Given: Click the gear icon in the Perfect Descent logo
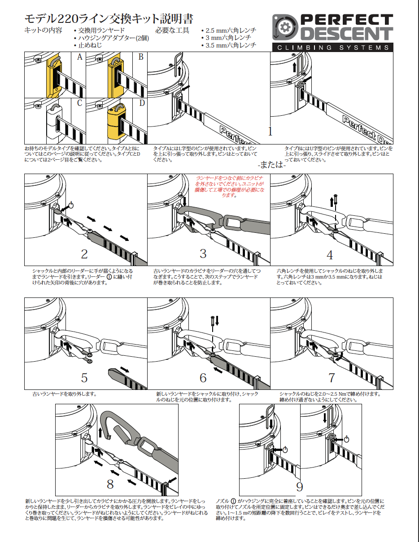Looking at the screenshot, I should pos(285,28).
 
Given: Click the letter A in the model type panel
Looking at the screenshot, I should pos(79,57).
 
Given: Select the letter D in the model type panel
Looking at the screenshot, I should pos(141,104).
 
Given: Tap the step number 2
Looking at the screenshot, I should pos(84,254).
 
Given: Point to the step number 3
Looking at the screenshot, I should pos(203,254).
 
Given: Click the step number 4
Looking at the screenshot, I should pos(330,255).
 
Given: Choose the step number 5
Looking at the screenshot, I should pos(84,377).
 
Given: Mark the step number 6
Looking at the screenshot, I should pos(203,378).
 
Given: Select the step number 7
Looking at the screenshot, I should pos(332,378).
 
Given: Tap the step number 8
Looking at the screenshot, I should pos(110,484).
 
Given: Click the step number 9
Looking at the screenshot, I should pos(300,486).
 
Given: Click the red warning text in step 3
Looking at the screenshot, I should pos(230,186).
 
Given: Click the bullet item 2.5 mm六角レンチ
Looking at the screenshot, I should pos(231,31).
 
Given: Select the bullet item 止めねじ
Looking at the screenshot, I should pos(90,45).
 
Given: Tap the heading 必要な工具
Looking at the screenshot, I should pos(172,31).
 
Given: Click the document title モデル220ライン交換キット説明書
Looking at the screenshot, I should pos(109,19).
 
